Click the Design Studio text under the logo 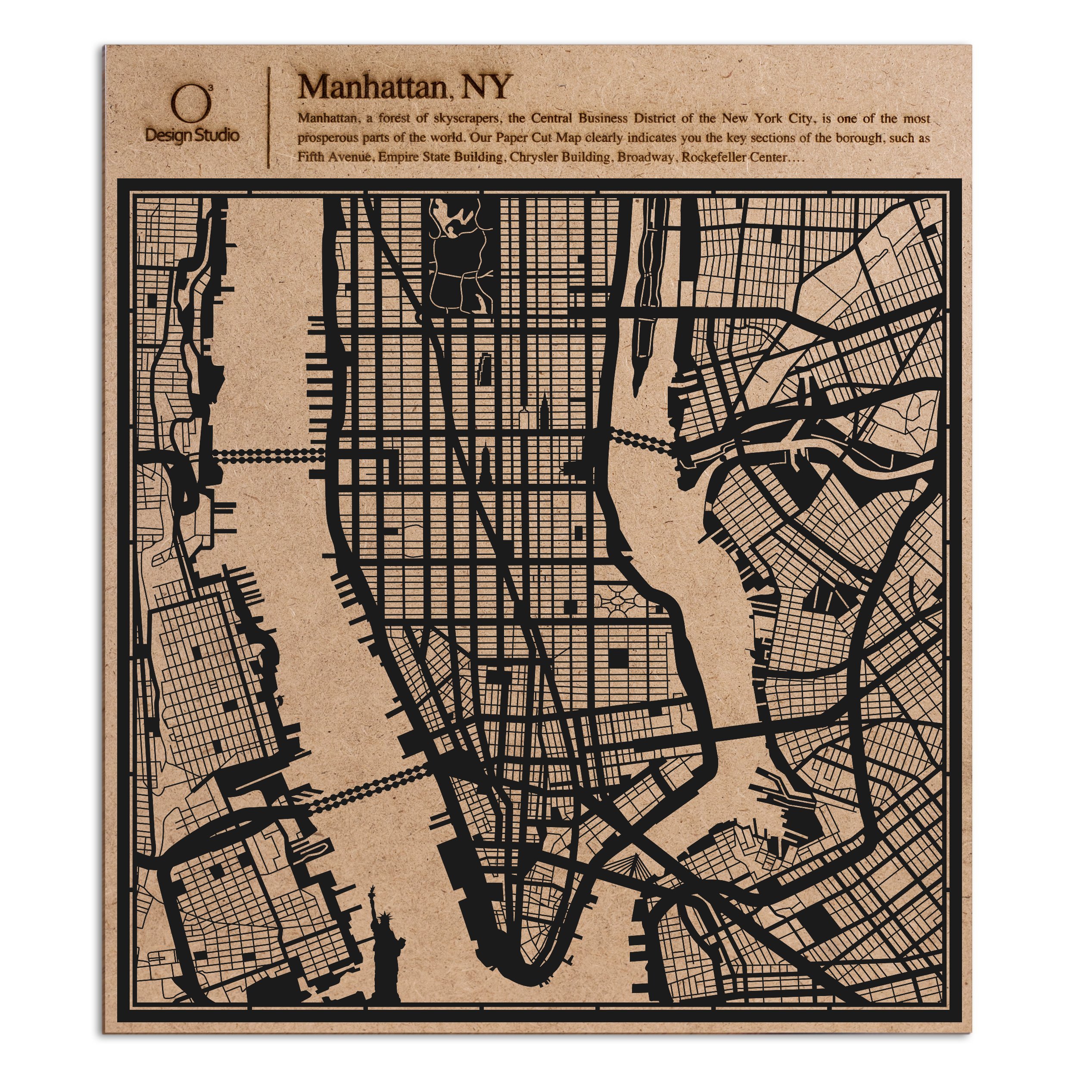tap(192, 135)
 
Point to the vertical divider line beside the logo tap(270, 117)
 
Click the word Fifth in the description tap(310, 157)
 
